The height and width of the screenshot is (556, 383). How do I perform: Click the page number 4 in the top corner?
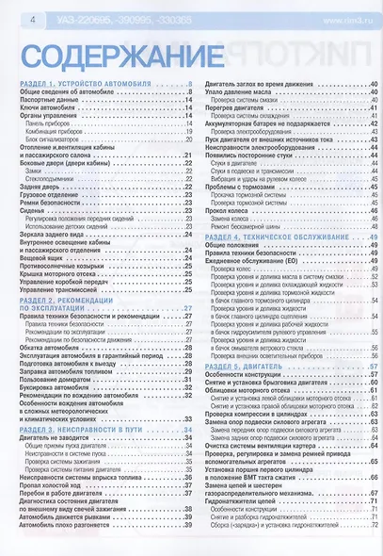click(10, 19)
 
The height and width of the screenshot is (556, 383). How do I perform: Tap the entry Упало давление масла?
click(241, 94)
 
